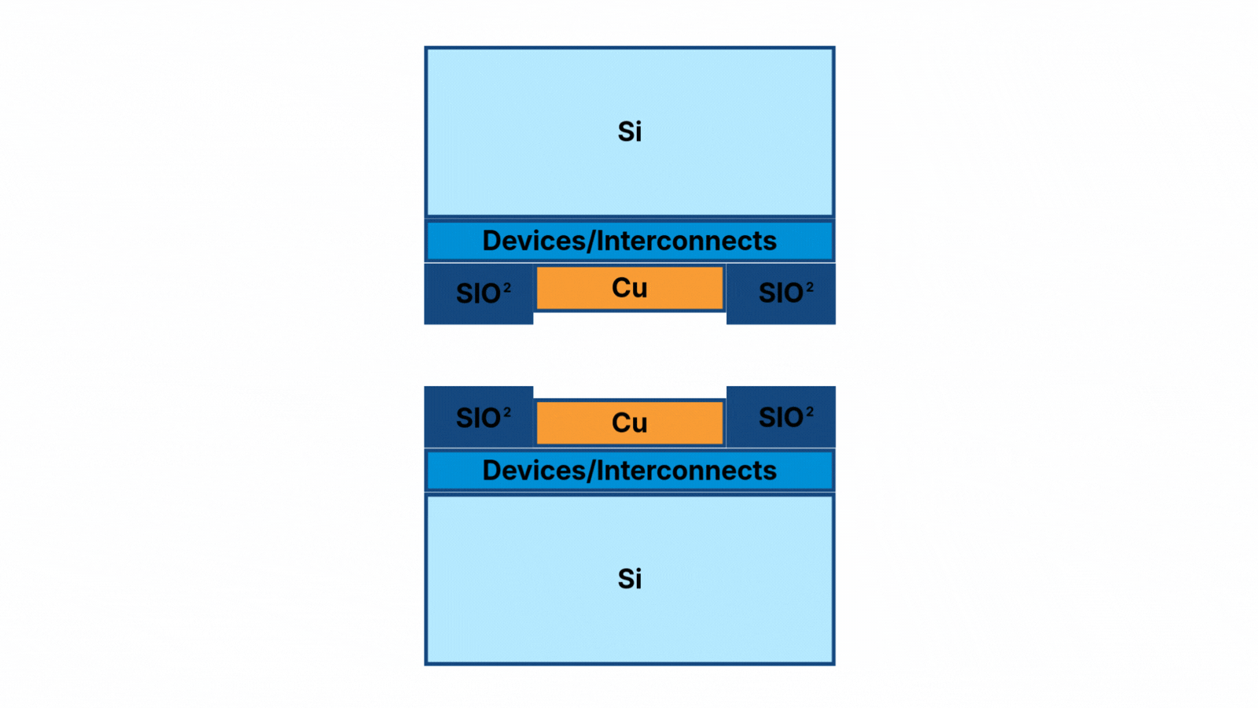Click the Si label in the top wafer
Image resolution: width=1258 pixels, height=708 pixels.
629,131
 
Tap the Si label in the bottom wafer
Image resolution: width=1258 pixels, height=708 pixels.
629,579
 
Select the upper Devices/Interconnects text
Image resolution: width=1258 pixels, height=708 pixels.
629,241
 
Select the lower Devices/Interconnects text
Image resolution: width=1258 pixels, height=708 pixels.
629,470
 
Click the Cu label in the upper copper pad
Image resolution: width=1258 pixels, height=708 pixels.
629,288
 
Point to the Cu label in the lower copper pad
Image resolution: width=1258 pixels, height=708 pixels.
629,423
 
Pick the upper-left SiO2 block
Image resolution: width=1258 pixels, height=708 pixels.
479,293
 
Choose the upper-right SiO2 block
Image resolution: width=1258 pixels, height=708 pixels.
781,293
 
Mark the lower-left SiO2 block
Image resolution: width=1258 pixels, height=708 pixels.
479,417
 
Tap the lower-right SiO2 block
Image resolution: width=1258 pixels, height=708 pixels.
781,417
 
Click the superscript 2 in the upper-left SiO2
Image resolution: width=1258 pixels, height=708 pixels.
507,288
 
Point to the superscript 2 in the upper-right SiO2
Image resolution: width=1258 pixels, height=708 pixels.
810,287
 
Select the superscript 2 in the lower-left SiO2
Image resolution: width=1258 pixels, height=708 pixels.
507,412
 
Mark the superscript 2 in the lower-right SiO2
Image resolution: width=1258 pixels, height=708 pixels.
810,411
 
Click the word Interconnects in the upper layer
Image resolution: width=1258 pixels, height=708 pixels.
686,241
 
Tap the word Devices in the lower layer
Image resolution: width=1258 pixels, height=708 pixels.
533,470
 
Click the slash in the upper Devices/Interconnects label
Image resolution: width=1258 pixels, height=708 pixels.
590,241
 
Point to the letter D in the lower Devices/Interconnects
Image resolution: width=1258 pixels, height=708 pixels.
491,470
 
